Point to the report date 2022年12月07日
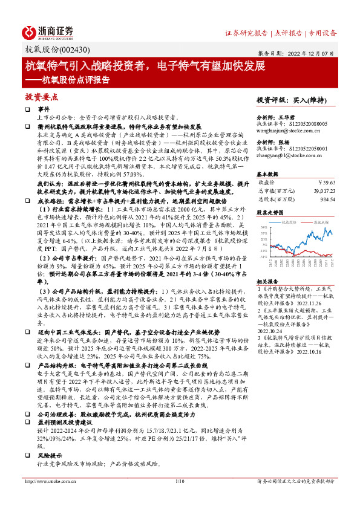click(315, 53)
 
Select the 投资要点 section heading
click(41, 96)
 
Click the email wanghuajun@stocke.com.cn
click(284, 128)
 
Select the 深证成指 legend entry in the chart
click(320, 222)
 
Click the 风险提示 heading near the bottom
click(50, 455)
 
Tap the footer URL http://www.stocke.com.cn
click(52, 499)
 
